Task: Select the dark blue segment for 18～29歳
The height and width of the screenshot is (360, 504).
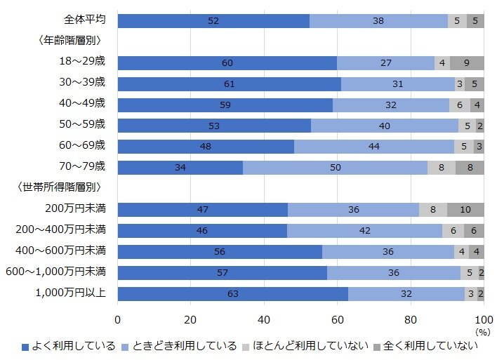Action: pos(227,63)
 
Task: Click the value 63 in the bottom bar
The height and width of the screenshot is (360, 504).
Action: pos(232,294)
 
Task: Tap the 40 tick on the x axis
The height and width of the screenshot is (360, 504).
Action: pos(264,319)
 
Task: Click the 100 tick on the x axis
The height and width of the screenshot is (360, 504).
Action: pos(483,319)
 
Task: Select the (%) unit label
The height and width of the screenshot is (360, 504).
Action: pos(482,332)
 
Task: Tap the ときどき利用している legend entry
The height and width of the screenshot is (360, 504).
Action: pos(178,346)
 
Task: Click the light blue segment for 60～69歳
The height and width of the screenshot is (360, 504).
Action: pos(373,147)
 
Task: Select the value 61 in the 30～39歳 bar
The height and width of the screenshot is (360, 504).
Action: pos(228,84)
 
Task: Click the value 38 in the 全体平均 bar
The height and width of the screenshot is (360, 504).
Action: pos(378,21)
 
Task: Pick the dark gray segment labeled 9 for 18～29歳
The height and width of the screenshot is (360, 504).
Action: pos(467,63)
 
